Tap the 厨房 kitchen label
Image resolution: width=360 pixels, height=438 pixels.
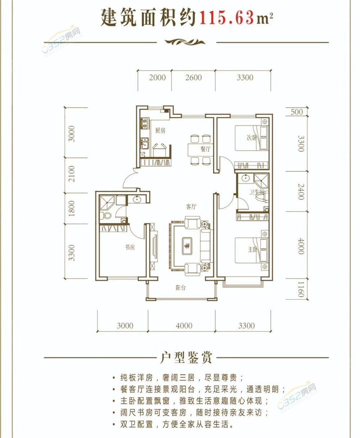click(160, 131)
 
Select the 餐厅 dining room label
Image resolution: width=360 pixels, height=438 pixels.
click(205, 149)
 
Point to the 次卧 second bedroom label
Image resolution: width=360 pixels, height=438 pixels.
click(251, 137)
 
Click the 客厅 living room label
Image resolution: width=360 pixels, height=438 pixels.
click(191, 207)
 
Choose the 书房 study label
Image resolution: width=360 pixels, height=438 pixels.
click(130, 247)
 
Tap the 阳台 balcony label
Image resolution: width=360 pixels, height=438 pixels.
click(180, 288)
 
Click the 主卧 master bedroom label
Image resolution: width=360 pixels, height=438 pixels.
click(252, 249)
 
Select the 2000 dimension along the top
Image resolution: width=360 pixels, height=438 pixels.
click(157, 78)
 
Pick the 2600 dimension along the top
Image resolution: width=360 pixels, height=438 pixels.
click(194, 78)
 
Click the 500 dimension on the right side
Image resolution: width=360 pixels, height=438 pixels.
click(297, 112)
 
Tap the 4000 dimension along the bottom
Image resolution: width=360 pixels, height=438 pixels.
click(184, 325)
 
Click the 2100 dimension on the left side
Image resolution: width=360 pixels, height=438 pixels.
click(71, 174)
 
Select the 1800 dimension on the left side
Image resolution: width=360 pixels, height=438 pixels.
click(71, 208)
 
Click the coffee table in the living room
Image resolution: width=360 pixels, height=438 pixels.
click(187, 246)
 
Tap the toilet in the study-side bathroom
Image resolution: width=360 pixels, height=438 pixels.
click(105, 216)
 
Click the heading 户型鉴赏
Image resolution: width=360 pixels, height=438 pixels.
click(186, 357)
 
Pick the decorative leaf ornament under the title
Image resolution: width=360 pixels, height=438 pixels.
click(185, 42)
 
